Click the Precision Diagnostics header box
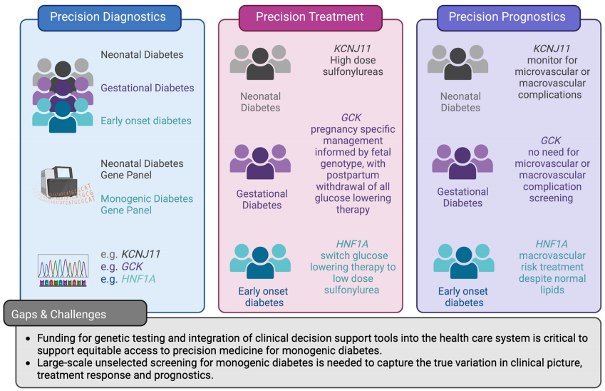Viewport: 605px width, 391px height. pyautogui.click(x=108, y=17)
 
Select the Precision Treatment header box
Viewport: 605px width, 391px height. pyautogui.click(x=310, y=17)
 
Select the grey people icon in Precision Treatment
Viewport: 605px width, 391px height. pyautogui.click(x=260, y=63)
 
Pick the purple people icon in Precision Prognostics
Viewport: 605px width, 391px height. pyautogui.click(x=462, y=162)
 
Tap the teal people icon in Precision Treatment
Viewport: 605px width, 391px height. pyautogui.click(x=260, y=260)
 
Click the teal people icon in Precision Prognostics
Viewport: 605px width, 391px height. pyautogui.click(x=462, y=260)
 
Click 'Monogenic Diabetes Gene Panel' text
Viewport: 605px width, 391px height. pyautogui.click(x=147, y=204)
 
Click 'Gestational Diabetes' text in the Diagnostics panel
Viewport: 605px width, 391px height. pyautogui.click(x=147, y=88)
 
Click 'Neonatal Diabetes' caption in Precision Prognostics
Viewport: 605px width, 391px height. pyautogui.click(x=460, y=102)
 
